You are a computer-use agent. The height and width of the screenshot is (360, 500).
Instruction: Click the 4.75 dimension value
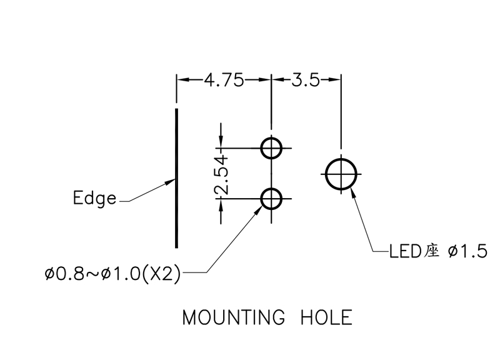[224, 80]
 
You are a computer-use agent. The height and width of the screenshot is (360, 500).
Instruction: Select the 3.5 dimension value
[306, 80]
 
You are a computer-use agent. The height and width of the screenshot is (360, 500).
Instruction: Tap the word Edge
[94, 199]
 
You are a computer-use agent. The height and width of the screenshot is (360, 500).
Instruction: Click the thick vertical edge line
[177, 178]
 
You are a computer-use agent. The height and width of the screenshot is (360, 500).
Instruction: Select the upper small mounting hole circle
[271, 148]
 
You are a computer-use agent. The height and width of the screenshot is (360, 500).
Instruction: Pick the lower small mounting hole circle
[271, 199]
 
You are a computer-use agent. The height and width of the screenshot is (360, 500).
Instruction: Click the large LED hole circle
[341, 173]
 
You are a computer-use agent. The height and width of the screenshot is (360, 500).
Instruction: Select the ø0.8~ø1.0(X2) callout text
[112, 273]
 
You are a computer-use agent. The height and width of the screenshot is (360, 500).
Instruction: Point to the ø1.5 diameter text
[467, 252]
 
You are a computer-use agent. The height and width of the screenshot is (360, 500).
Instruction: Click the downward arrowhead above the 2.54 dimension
[220, 144]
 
